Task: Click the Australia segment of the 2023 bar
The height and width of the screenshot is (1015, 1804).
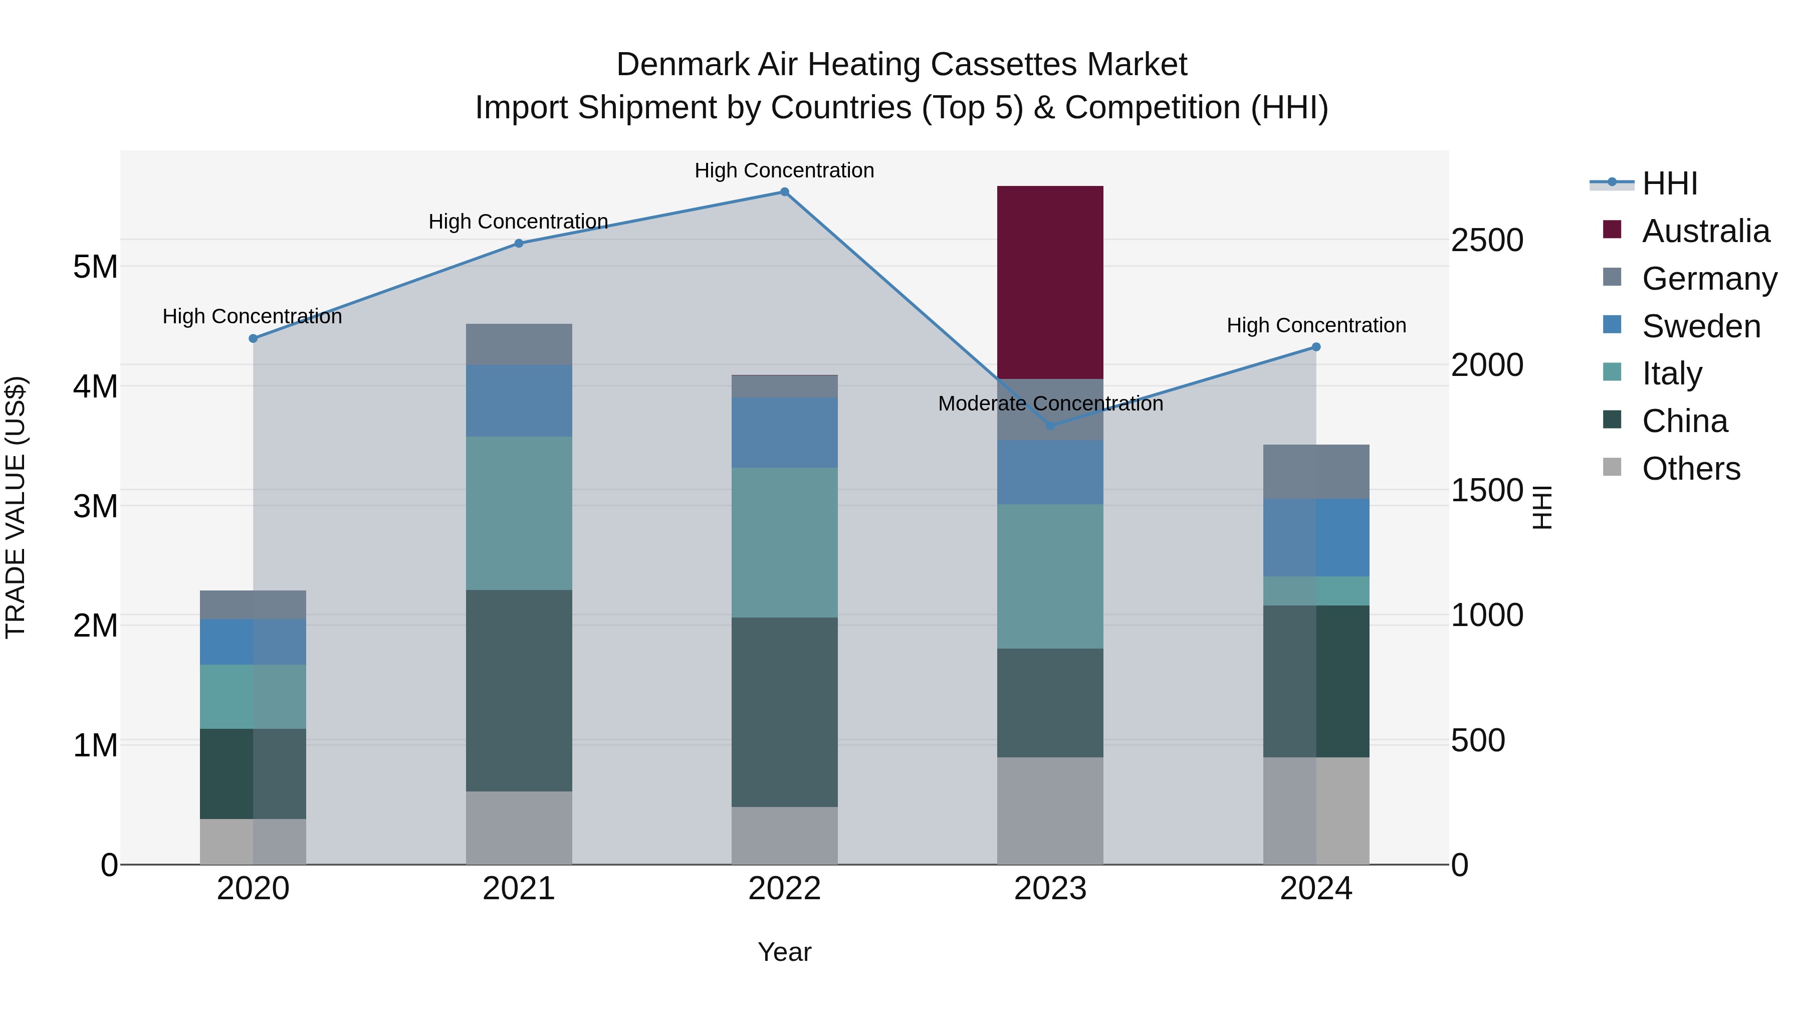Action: pos(1050,282)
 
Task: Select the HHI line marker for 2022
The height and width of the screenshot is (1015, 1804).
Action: pos(784,192)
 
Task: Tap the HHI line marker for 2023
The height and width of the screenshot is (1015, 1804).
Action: pos(1050,426)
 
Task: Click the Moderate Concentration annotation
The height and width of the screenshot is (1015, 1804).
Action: pos(1050,403)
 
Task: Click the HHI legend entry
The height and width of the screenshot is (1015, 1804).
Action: pos(1669,183)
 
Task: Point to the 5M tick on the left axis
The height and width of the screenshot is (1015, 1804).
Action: pos(95,267)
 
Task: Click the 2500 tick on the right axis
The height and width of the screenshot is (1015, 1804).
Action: pos(1486,240)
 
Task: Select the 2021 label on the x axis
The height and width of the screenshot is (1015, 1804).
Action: pos(518,889)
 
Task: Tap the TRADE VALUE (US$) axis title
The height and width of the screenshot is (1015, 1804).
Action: pos(16,507)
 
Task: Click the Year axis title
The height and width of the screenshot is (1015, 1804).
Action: pos(784,952)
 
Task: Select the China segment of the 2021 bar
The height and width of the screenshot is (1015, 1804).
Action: pos(518,690)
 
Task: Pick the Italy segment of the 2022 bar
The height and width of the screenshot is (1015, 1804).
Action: pos(784,542)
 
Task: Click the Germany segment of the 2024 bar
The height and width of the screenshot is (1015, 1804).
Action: pos(1315,472)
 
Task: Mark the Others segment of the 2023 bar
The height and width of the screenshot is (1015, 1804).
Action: pos(1050,810)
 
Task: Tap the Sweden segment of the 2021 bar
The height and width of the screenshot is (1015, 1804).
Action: pos(518,400)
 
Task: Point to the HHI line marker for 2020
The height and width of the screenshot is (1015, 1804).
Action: pos(253,338)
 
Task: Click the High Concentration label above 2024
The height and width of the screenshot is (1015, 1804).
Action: pos(1315,326)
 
